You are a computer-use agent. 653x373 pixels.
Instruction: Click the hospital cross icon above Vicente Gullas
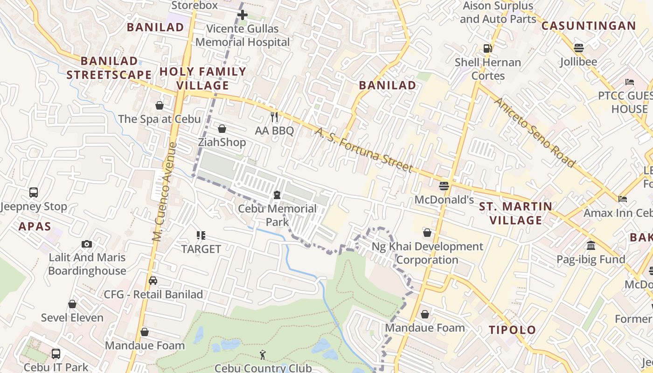(x=242, y=15)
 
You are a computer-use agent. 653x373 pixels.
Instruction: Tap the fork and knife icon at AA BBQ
(x=274, y=117)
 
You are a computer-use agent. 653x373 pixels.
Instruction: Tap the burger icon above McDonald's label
(x=444, y=186)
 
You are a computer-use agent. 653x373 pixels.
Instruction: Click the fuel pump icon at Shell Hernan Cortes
(x=487, y=48)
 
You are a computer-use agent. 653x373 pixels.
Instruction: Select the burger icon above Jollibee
(x=578, y=48)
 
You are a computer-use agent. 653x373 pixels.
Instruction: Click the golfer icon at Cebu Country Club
(x=263, y=355)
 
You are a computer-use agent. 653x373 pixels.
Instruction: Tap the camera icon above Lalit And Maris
(x=86, y=244)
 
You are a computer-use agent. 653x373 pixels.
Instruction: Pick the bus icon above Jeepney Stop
(x=34, y=192)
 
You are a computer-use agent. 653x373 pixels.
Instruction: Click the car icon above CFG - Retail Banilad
(x=153, y=281)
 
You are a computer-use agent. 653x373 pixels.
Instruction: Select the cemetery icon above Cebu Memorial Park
(x=277, y=194)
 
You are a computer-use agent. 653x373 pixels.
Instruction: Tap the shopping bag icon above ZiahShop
(x=222, y=129)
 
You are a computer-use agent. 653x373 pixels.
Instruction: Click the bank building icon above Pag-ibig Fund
(x=591, y=245)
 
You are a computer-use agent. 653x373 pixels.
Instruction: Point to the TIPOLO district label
(x=512, y=330)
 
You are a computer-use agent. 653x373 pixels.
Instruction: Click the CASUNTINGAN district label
(x=588, y=26)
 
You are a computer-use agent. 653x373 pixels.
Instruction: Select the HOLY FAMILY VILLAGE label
(x=203, y=78)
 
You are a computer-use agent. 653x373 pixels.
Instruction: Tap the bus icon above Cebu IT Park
(x=56, y=353)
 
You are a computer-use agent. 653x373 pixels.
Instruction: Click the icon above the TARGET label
(x=201, y=235)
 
